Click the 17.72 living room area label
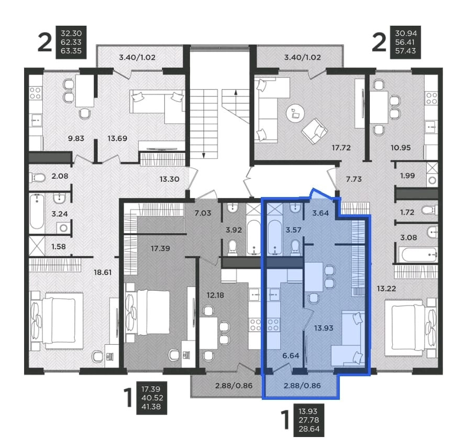coord(341,148)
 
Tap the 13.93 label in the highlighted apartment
coord(324,328)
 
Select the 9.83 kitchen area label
coord(76,138)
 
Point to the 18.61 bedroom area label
coord(103,272)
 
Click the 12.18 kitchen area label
coord(215,296)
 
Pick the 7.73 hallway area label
coord(354,179)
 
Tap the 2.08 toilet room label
coord(60,176)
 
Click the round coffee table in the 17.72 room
coord(295,113)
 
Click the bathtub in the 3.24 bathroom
coord(37,212)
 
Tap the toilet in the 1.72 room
coord(429,211)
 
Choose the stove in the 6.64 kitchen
coord(273,324)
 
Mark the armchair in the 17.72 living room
coord(315,130)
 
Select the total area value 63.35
coord(71,51)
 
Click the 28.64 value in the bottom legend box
coord(309,429)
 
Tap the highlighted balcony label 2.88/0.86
coord(302,386)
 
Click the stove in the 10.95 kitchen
coord(431,98)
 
